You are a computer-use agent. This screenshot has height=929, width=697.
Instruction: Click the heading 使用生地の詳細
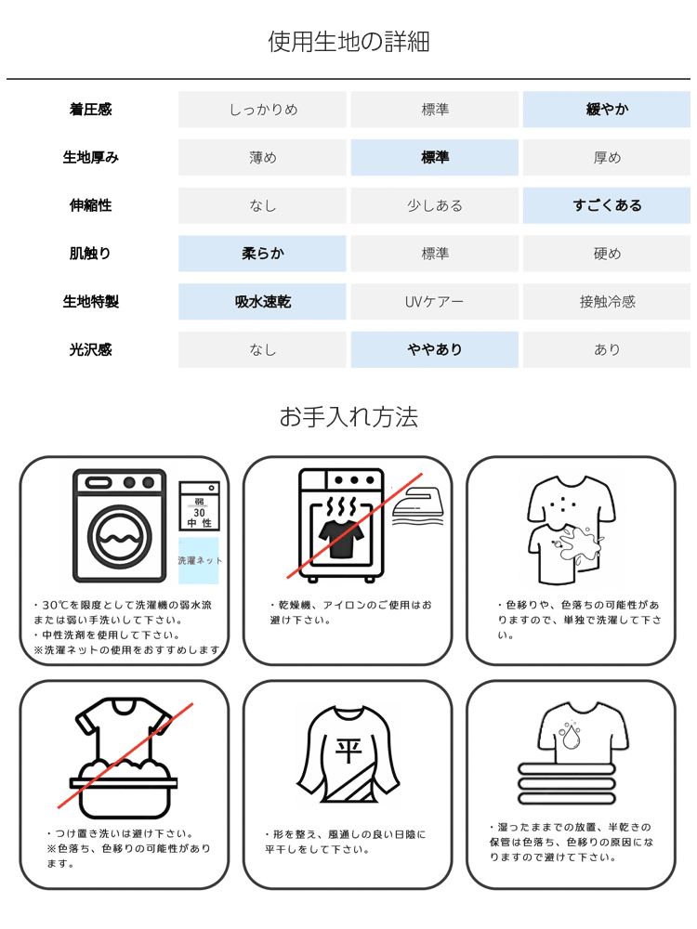(348, 42)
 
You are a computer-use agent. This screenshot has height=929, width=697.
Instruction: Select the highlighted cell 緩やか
(607, 110)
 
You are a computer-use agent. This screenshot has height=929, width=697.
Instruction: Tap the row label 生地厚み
(90, 158)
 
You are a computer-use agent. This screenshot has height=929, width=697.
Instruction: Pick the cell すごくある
(607, 205)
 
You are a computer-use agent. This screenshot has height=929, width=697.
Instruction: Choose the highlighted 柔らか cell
(262, 254)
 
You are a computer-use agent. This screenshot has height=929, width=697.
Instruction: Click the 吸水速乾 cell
(262, 302)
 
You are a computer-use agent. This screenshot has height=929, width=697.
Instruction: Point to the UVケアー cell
(434, 302)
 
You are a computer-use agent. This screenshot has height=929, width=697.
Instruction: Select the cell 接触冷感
(607, 302)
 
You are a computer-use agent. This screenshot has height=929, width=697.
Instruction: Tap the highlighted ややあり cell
(434, 350)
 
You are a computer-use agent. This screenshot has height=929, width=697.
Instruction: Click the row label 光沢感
(90, 350)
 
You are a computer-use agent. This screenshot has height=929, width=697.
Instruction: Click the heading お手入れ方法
(348, 417)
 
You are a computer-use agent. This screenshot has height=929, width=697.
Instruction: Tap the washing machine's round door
(120, 537)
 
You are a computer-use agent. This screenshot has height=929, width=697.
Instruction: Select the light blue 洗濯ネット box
(198, 560)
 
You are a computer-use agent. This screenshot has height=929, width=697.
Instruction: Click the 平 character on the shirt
(347, 749)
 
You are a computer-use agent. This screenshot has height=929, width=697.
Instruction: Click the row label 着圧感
(90, 110)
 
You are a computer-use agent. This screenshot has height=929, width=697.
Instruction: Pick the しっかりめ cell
(262, 110)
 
